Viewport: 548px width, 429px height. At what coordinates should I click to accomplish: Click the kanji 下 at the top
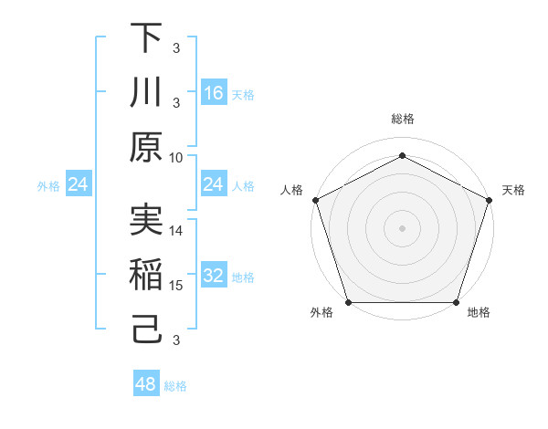coord(146,38)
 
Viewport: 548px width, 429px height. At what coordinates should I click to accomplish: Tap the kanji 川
coord(146,93)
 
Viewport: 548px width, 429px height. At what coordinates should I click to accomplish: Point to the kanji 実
coord(146,220)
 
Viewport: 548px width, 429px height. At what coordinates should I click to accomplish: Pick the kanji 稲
coord(146,275)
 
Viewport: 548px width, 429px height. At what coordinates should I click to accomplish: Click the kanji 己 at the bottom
coord(146,330)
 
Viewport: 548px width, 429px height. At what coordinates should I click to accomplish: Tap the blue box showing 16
coord(214,92)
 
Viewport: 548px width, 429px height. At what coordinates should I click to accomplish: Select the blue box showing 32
coord(214,276)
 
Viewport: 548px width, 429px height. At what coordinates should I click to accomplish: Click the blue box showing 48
coord(146,383)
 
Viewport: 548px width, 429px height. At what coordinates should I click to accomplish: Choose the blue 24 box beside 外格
coord(79,185)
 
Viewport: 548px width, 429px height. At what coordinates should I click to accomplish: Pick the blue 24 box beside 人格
coord(214,185)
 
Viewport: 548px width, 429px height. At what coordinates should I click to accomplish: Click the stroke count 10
coord(176,157)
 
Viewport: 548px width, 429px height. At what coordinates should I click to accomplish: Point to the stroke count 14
coord(176,231)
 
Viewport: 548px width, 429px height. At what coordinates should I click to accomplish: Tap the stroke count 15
coord(176,286)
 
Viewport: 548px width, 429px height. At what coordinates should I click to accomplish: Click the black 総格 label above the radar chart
coord(403,119)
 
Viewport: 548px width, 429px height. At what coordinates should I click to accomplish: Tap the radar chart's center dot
coord(403,227)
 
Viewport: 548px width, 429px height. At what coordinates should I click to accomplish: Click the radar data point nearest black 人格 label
coord(315,199)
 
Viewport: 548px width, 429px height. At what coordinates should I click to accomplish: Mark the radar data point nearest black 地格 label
coord(457,302)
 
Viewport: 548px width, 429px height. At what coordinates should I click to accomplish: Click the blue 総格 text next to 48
coord(175,386)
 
